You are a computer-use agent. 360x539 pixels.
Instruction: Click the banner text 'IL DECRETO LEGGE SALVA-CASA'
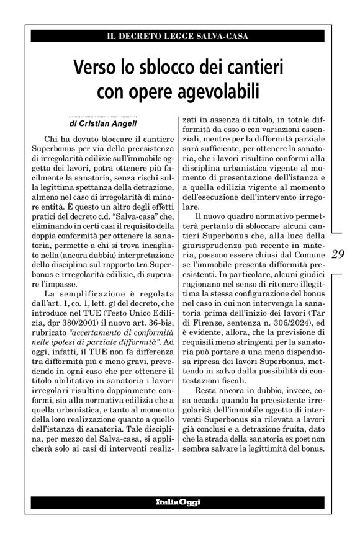pyautogui.click(x=178, y=36)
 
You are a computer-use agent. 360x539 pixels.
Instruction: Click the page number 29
pyautogui.click(x=339, y=254)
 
